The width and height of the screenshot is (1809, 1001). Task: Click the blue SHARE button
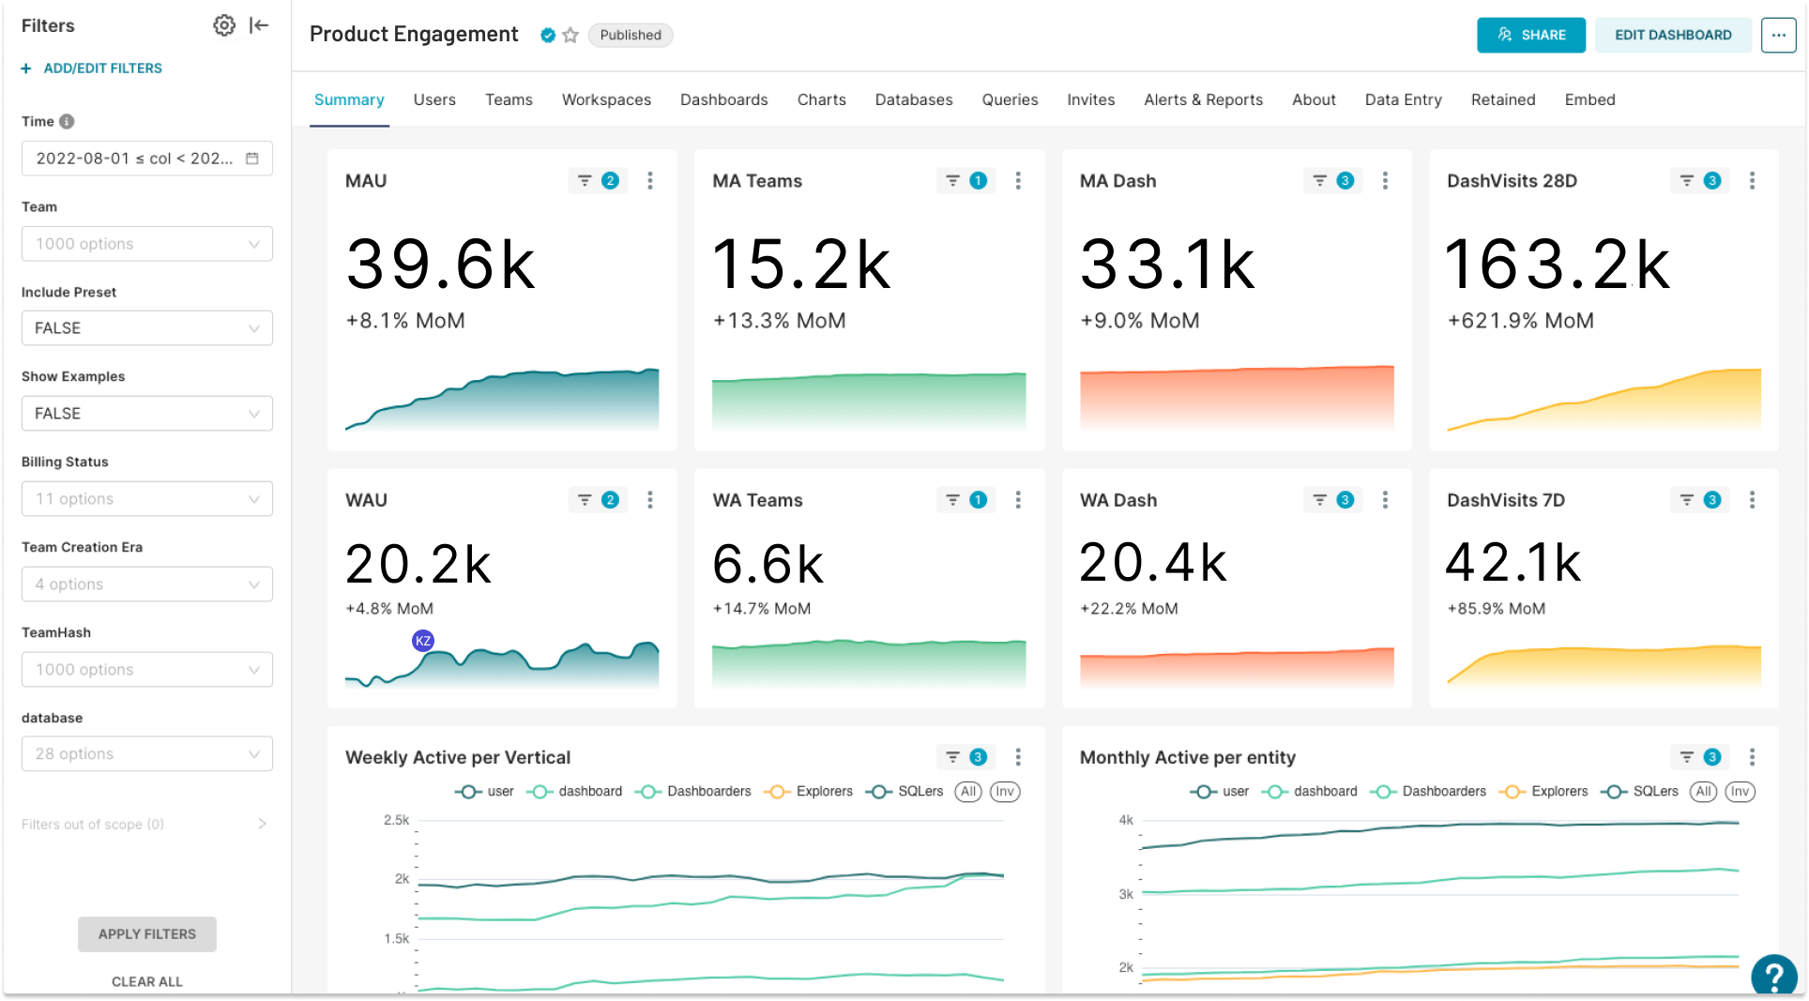pos(1530,35)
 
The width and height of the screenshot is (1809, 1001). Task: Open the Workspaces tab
pos(606,99)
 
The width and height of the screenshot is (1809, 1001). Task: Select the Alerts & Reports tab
pos(1203,99)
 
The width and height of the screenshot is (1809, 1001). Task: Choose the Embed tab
pos(1589,99)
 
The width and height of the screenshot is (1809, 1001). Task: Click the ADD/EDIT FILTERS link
pos(92,68)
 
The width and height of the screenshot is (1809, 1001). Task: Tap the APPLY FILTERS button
pos(147,933)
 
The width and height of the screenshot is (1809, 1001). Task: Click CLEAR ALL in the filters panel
pos(147,981)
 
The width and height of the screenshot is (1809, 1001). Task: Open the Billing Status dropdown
pos(147,499)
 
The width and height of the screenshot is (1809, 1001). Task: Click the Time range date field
pos(147,159)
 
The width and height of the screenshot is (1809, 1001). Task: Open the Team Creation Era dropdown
pos(147,584)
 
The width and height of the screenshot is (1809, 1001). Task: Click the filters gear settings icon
pos(223,25)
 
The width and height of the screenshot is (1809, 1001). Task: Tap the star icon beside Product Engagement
pos(570,35)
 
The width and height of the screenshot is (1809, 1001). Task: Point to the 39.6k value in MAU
pos(440,264)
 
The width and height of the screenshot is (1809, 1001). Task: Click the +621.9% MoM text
pos(1520,321)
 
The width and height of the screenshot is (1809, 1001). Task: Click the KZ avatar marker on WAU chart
pos(423,641)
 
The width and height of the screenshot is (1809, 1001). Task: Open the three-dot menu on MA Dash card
pos(1385,180)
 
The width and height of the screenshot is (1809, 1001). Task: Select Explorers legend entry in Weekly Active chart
pos(809,792)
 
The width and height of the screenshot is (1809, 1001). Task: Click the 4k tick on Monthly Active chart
pos(1126,820)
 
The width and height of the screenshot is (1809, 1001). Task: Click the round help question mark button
pos(1773,976)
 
